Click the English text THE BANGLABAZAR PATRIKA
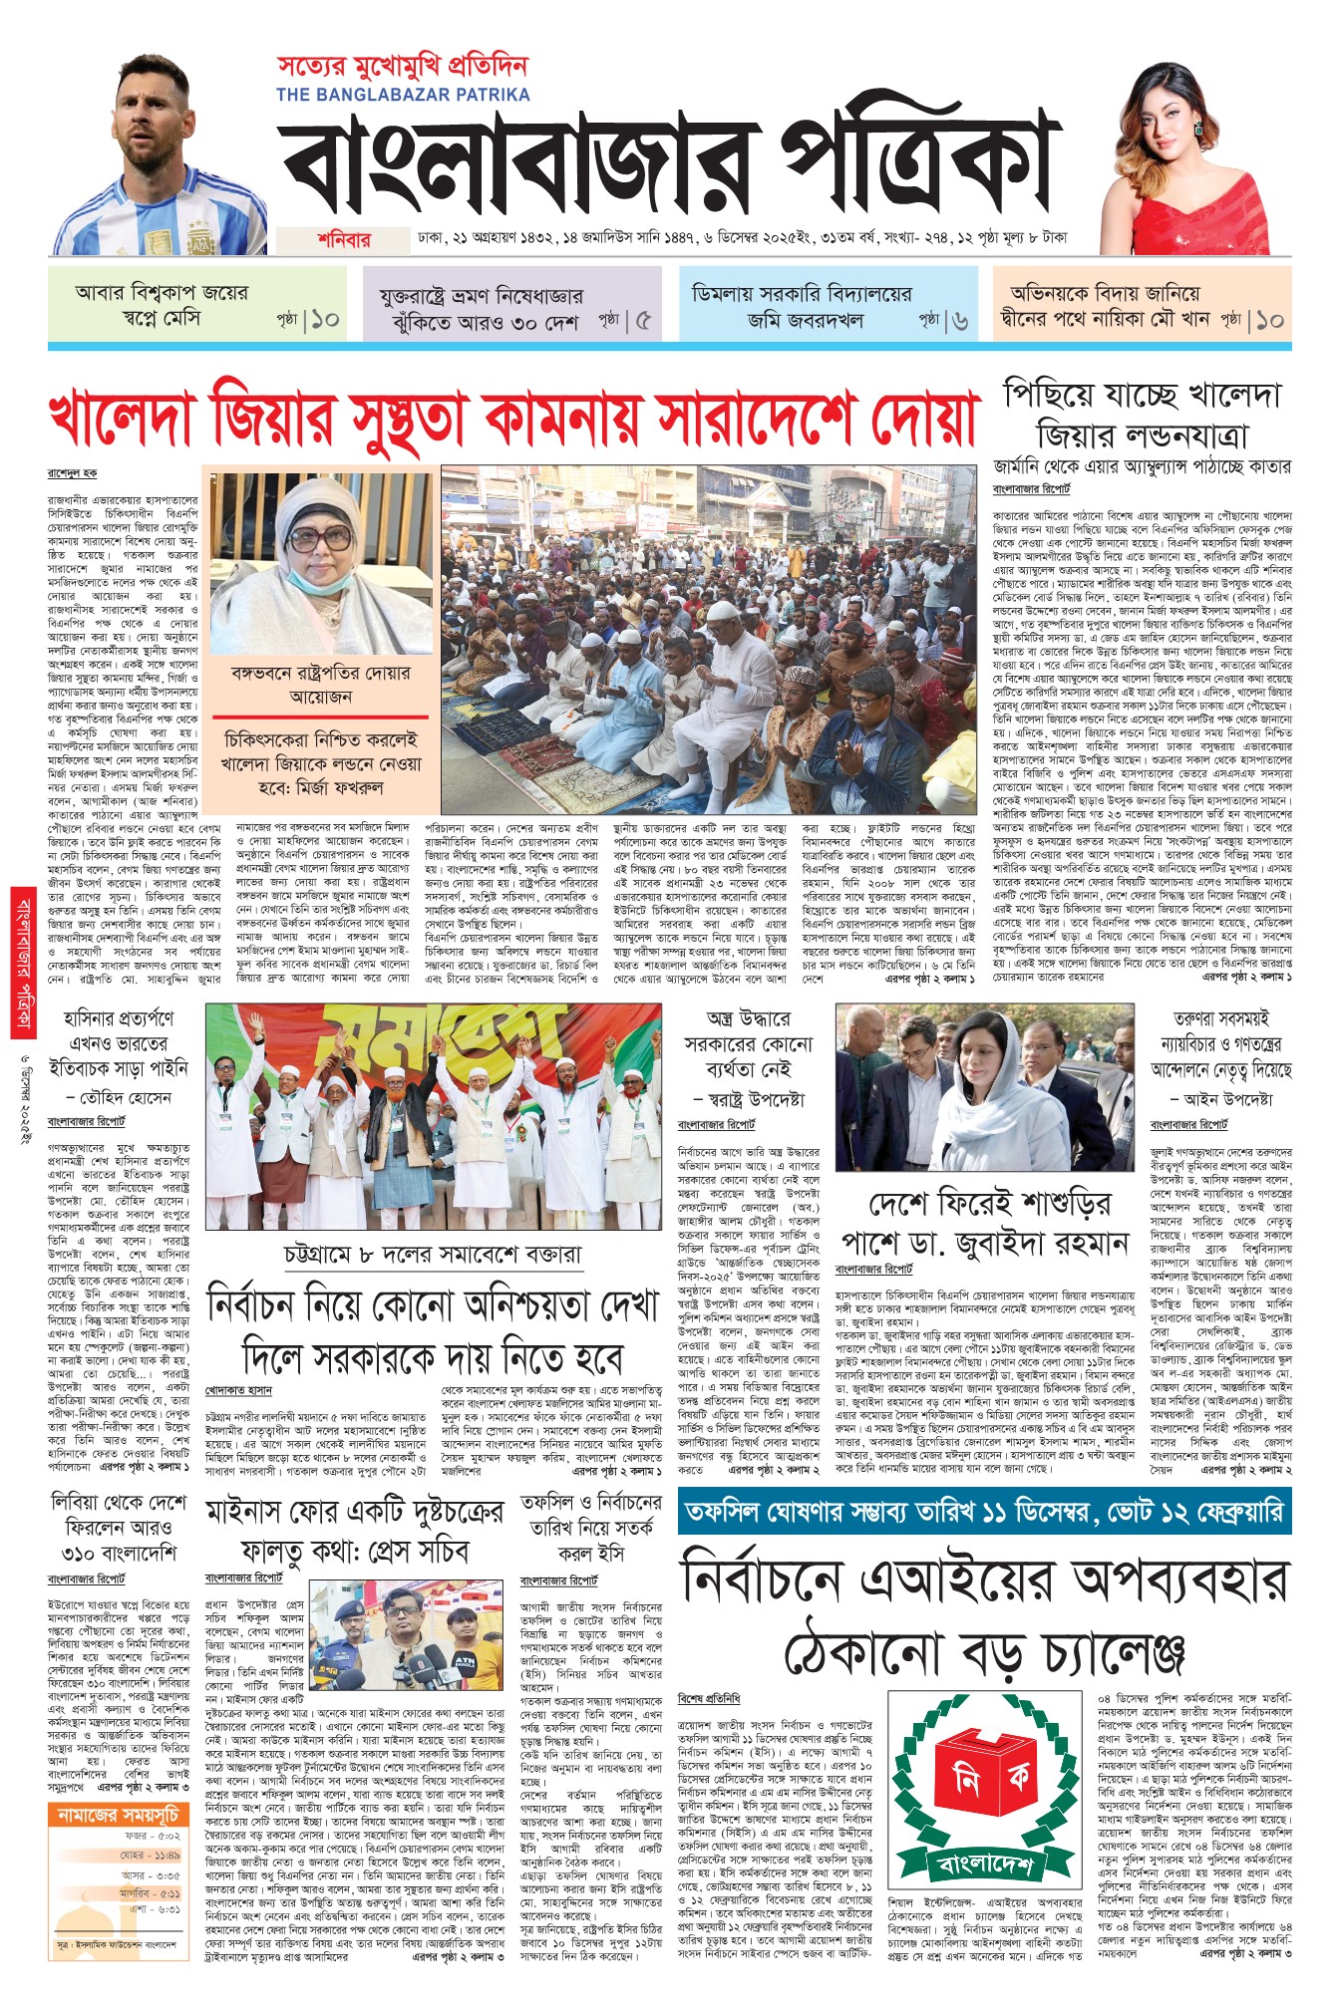[x=403, y=95]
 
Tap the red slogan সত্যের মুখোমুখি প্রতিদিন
[x=402, y=67]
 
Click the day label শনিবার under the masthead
[x=344, y=240]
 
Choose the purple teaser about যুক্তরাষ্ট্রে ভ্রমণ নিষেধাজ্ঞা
[x=514, y=308]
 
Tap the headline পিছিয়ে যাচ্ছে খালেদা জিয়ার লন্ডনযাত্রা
[x=1142, y=415]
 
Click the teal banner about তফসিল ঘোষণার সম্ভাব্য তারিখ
[x=983, y=1513]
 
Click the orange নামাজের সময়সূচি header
[x=118, y=1814]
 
